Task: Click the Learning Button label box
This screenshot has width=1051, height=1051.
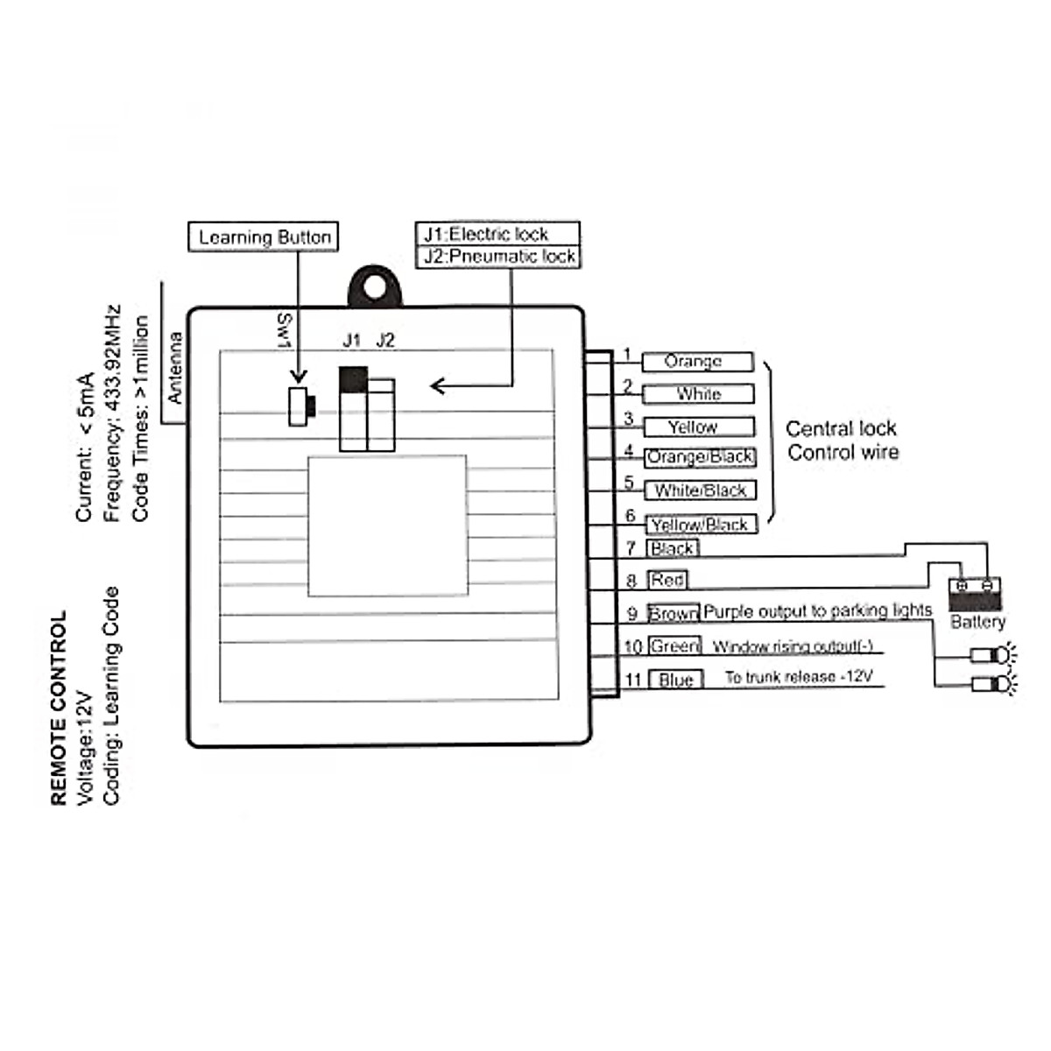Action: [263, 236]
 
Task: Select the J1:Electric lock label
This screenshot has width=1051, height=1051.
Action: [497, 234]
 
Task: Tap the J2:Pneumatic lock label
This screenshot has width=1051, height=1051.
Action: [497, 257]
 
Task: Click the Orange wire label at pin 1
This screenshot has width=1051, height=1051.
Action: [697, 362]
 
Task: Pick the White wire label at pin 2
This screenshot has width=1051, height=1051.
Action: [698, 394]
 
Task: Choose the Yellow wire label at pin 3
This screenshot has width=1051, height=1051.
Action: [698, 427]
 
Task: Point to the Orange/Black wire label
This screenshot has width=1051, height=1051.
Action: [700, 457]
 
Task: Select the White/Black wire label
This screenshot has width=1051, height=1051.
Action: [700, 490]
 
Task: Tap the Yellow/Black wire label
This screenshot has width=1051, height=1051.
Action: [701, 525]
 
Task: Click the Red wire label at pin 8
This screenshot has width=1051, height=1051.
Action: [667, 580]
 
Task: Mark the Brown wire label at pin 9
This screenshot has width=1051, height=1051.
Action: [674, 614]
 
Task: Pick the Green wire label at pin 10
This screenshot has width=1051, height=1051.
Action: [674, 646]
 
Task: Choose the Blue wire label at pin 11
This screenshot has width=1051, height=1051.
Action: [675, 680]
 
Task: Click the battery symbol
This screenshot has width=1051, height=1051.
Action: [976, 595]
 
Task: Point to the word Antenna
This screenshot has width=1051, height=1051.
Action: [175, 368]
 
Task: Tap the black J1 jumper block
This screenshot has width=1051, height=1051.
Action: [352, 379]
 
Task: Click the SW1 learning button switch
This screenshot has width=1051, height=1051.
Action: [300, 406]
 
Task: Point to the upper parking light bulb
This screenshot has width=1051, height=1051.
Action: [993, 653]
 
